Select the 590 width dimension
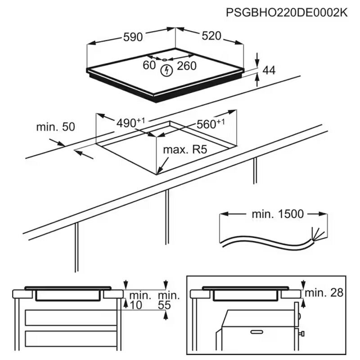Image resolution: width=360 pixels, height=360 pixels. pos(133,37)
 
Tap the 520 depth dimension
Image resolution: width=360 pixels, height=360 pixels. pos(211,36)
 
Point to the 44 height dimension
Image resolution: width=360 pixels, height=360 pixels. pos(268,70)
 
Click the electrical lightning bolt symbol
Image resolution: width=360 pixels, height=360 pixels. pos(167,70)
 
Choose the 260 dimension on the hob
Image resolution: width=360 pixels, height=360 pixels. pos(186,66)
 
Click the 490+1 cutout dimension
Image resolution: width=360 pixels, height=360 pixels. pos(130,122)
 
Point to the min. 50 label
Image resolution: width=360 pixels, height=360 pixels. pos(55,127)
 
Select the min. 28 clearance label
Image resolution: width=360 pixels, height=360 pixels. pos(324,293)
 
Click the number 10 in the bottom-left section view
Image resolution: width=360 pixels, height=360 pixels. pos(136,305)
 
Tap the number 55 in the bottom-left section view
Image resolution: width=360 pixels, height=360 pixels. pos(165,305)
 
